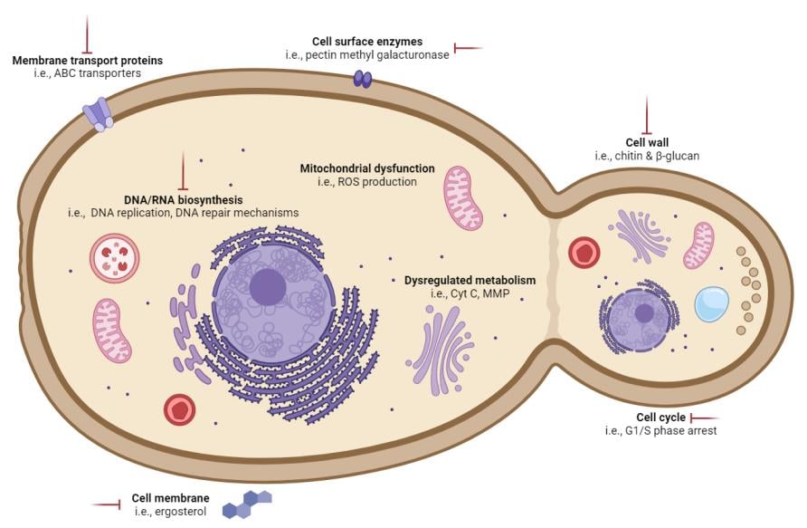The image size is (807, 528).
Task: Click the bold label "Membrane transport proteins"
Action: click(x=88, y=61)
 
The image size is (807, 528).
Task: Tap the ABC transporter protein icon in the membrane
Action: click(x=98, y=114)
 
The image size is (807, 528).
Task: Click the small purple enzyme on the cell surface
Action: click(x=362, y=80)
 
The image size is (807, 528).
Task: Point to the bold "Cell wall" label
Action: click(x=647, y=142)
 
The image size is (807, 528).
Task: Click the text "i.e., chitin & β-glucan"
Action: click(x=647, y=156)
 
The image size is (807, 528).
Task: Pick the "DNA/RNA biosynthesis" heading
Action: click(x=183, y=199)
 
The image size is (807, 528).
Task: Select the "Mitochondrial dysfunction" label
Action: click(x=367, y=168)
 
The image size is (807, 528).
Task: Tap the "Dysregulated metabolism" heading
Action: click(x=470, y=280)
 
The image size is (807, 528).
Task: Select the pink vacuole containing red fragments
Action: click(x=114, y=257)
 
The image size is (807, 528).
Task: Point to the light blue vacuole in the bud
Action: click(x=712, y=304)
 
